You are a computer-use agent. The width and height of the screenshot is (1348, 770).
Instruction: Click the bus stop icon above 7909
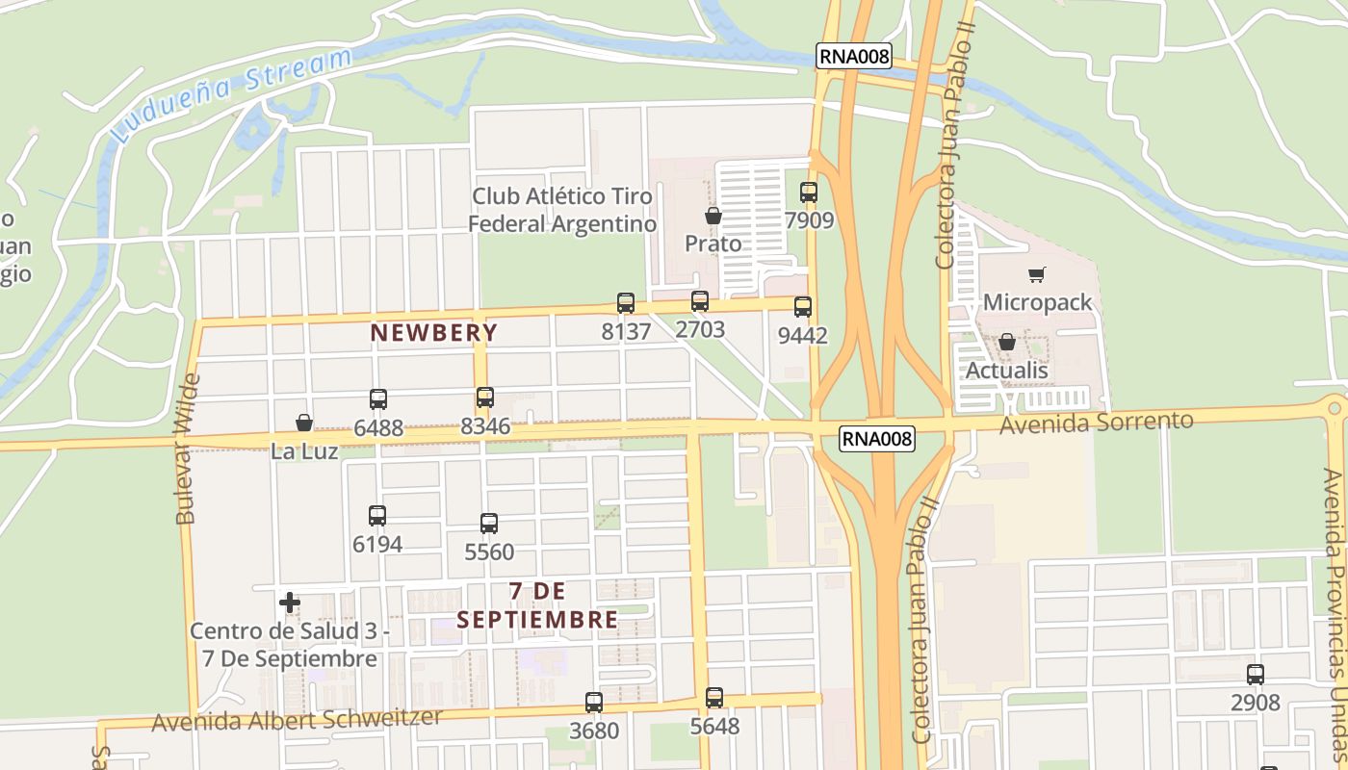click(809, 192)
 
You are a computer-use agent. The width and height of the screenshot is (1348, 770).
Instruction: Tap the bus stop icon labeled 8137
click(626, 303)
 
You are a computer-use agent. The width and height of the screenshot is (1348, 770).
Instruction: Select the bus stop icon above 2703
click(700, 301)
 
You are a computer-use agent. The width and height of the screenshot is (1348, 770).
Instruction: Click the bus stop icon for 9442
click(803, 307)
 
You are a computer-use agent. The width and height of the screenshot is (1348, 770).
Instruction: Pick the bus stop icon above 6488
click(378, 399)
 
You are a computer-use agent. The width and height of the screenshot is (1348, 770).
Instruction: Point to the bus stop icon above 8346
click(485, 398)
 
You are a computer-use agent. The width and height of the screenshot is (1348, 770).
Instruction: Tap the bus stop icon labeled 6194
click(377, 516)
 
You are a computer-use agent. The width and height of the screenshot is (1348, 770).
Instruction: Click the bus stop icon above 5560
click(489, 524)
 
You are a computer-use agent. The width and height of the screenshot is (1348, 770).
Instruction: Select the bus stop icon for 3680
click(594, 703)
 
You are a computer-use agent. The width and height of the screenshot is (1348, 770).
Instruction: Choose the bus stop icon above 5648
click(714, 698)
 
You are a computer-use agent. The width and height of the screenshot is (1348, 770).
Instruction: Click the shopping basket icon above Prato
click(713, 216)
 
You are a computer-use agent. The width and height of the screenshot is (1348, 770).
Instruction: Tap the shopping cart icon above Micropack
click(1037, 275)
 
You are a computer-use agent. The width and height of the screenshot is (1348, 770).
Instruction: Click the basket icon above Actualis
click(1007, 343)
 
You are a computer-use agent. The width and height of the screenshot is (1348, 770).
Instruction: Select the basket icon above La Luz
click(304, 423)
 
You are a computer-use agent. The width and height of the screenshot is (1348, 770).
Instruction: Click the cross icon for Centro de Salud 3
click(290, 603)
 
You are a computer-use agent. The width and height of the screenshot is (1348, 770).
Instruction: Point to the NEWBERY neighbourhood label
click(434, 333)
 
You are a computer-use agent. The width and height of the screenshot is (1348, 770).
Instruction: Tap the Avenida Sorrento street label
click(1097, 422)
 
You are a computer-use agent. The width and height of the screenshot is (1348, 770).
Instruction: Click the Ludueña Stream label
click(231, 94)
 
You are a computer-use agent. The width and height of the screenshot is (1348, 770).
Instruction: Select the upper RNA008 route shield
click(854, 57)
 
